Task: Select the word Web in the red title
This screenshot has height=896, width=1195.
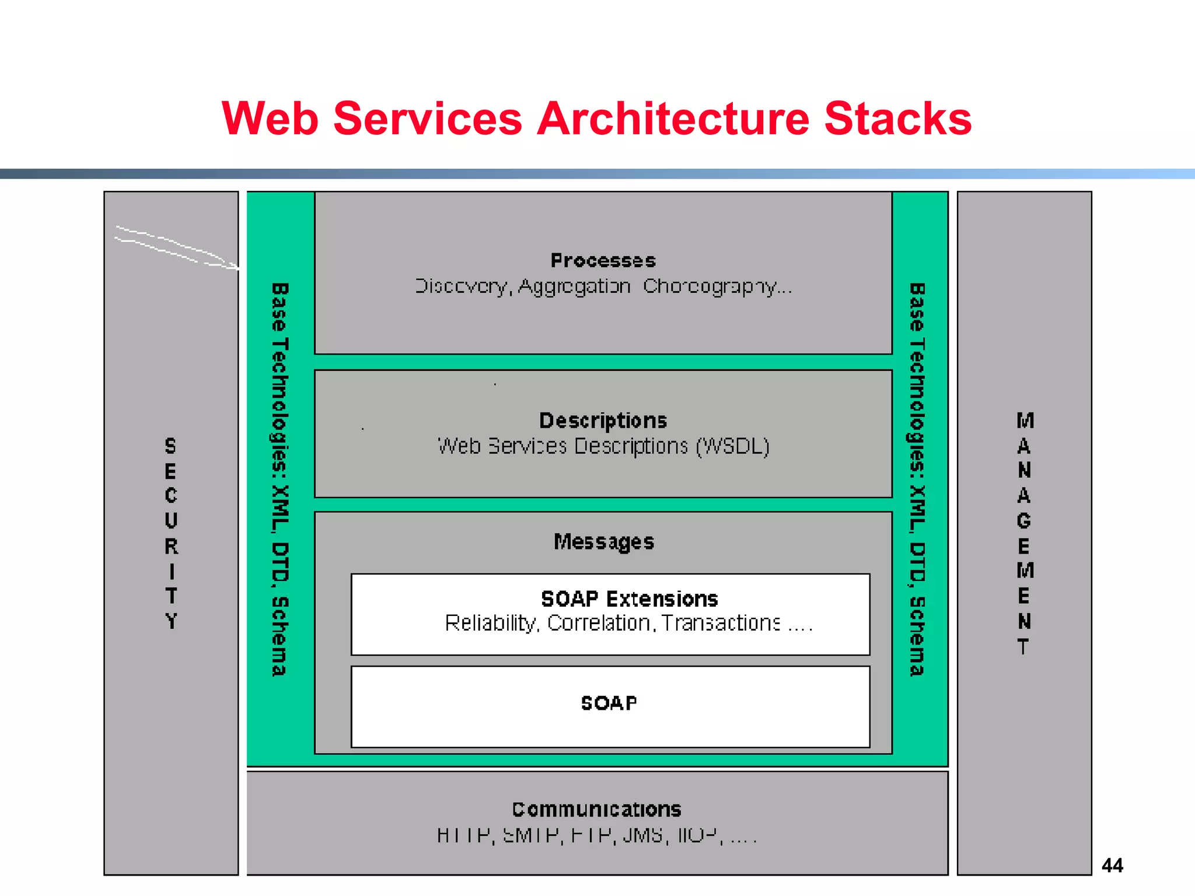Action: pyautogui.click(x=270, y=118)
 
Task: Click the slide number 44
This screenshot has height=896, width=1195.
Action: pyautogui.click(x=1112, y=865)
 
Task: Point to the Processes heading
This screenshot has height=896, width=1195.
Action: pyautogui.click(x=603, y=260)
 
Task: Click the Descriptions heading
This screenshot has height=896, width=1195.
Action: pyautogui.click(x=603, y=421)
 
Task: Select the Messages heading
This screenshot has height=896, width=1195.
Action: pyautogui.click(x=604, y=542)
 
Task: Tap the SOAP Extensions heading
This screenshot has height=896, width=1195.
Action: pyautogui.click(x=629, y=599)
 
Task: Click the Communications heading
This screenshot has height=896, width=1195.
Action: pyautogui.click(x=597, y=809)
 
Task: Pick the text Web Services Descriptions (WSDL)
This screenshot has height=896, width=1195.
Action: pyautogui.click(x=603, y=446)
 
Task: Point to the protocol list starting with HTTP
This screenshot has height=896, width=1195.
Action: pyautogui.click(x=596, y=835)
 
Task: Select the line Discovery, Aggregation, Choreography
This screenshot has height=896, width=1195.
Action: pyautogui.click(x=603, y=286)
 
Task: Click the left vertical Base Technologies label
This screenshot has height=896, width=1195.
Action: pyautogui.click(x=280, y=480)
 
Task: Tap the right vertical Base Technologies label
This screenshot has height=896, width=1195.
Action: pyautogui.click(x=918, y=480)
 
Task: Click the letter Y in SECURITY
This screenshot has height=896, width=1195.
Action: pyautogui.click(x=171, y=621)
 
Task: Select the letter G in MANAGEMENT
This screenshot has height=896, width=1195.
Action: pyautogui.click(x=1024, y=520)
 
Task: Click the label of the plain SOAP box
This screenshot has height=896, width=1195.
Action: pyautogui.click(x=609, y=703)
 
